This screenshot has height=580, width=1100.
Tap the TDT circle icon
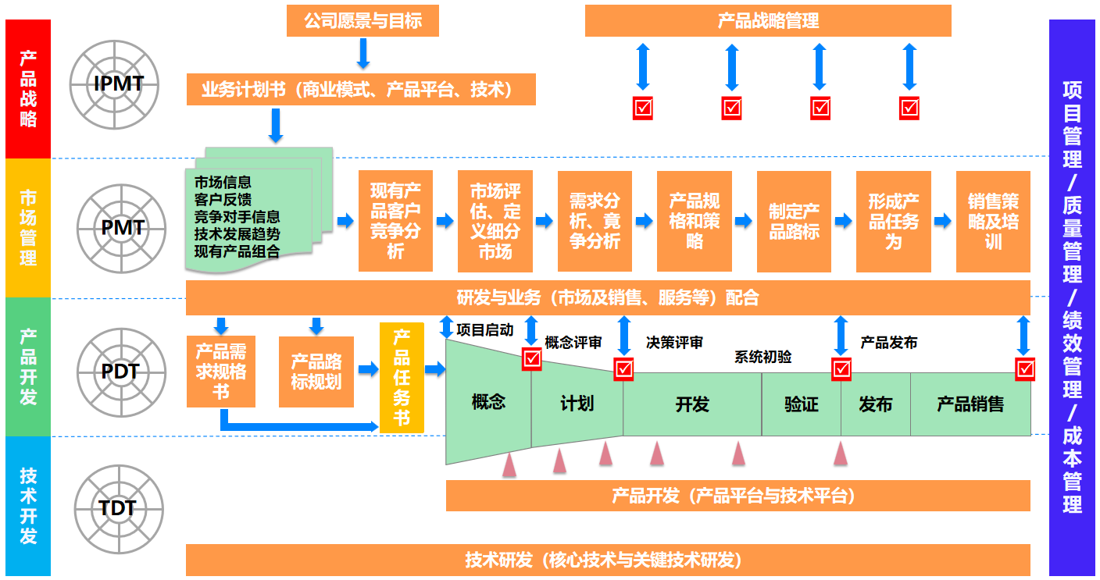pos(120,509)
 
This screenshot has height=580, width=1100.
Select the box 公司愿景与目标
pos(362,21)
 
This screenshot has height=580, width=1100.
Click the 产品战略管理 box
pos(768,21)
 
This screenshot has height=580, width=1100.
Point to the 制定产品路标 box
pos(794,222)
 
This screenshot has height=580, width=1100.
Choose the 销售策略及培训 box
pos(993,222)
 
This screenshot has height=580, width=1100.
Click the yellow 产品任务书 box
pos(402,378)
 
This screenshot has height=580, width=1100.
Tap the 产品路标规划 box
pos(316,372)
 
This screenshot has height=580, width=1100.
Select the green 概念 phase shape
pos(488,403)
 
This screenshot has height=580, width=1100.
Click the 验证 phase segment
pos(801,404)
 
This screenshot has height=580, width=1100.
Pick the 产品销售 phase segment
pos(970,404)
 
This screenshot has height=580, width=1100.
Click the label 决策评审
pos(674,343)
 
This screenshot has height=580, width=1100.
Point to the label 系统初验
pos(762,357)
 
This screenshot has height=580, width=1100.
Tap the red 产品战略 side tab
pos(28,89)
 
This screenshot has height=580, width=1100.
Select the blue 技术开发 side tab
pos(28,506)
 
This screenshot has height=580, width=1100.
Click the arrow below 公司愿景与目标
pos(362,54)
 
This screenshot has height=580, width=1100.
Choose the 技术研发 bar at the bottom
pos(608,560)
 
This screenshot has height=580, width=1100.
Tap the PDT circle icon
pos(120,372)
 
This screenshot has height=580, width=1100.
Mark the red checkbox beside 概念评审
pos(532,358)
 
